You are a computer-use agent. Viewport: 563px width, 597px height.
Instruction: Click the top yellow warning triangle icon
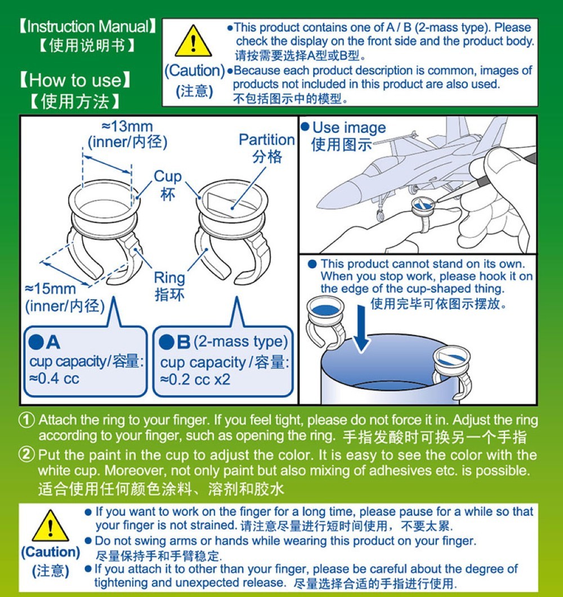193,41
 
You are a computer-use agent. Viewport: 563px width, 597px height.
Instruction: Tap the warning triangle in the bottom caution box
51,526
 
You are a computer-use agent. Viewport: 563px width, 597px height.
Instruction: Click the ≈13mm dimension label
127,126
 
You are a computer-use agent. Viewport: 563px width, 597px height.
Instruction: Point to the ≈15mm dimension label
51,288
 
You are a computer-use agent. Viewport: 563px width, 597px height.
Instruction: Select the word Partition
267,140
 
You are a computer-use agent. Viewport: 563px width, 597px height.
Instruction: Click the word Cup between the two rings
167,177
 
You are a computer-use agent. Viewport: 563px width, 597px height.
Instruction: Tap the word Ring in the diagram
169,278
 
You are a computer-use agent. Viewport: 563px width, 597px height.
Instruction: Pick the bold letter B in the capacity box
184,342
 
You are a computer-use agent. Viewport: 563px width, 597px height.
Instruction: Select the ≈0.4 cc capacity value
54,378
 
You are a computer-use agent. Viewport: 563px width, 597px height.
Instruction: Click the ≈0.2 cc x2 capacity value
195,380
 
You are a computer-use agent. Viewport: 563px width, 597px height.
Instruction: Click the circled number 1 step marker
26,420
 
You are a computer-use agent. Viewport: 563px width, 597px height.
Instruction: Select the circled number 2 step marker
26,455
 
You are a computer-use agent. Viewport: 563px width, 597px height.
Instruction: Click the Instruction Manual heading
88,26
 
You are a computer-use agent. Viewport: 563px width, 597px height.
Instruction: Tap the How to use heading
75,81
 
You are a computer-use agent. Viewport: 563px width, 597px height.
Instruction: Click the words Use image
349,127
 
